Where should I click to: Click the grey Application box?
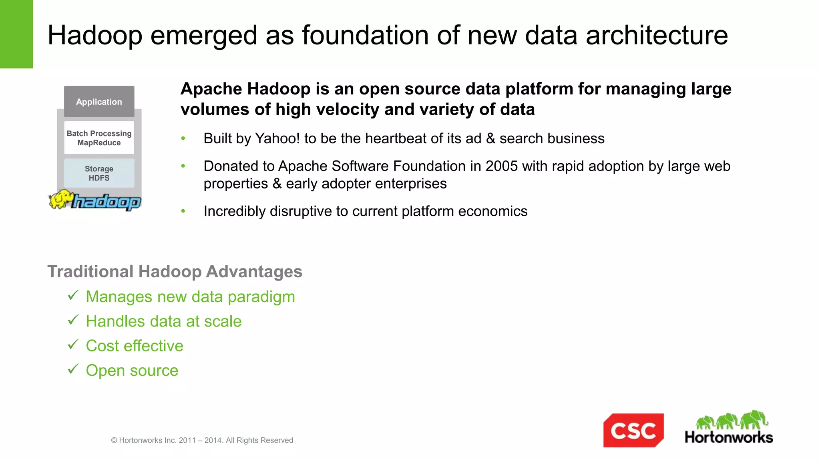click(99, 102)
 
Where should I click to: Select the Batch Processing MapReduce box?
click(99, 138)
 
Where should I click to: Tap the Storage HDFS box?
click(99, 173)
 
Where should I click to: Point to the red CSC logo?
click(633, 431)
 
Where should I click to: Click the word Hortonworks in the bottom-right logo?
click(729, 437)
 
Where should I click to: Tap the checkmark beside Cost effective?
click(73, 345)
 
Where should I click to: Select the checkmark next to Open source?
click(73, 369)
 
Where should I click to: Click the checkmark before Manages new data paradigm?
click(73, 295)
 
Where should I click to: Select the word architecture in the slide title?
click(657, 35)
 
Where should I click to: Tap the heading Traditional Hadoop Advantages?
click(175, 271)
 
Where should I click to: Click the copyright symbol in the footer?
click(114, 441)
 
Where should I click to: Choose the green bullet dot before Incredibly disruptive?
click(183, 211)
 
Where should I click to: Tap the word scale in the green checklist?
click(223, 321)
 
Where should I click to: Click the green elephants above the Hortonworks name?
click(732, 420)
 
